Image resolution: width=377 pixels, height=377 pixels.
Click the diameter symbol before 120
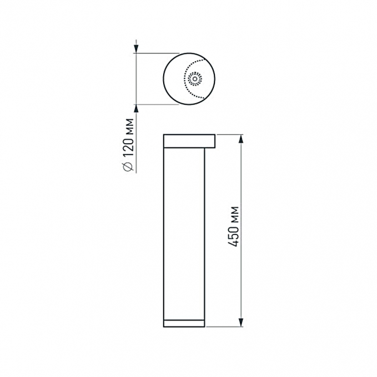(x=128, y=167)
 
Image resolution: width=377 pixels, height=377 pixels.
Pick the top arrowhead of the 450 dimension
(x=241, y=139)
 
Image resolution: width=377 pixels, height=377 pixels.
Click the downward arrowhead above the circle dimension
(x=137, y=48)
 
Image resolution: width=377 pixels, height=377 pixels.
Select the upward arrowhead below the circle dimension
(x=137, y=109)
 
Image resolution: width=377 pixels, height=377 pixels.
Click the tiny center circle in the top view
(x=195, y=79)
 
